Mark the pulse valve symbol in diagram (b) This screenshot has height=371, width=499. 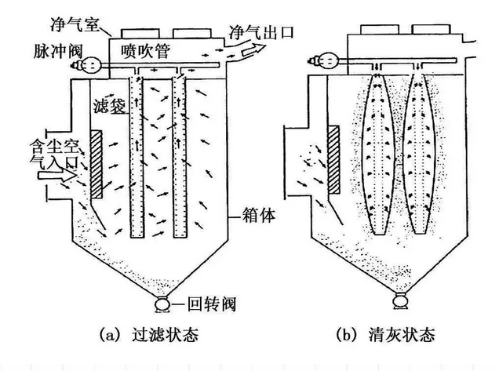pos(323,58)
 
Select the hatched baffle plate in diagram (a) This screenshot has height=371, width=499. pos(97,164)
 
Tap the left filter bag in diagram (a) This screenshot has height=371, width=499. pos(136,156)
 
